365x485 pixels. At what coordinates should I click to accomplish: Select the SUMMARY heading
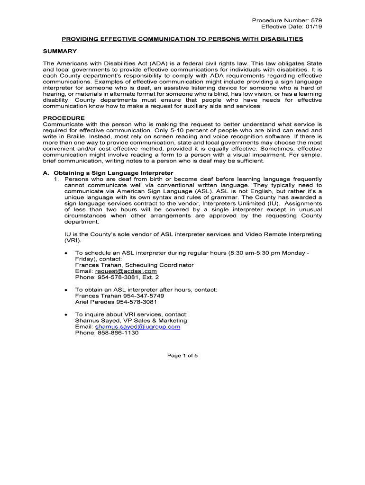pyautogui.click(x=60, y=51)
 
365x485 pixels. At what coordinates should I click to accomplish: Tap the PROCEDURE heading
pyautogui.click(x=64, y=118)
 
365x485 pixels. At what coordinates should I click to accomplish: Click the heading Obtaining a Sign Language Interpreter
pyautogui.click(x=113, y=173)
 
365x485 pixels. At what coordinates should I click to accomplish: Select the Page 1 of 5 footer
pyautogui.click(x=182, y=356)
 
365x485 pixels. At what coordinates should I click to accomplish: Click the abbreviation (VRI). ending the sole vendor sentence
pyautogui.click(x=73, y=241)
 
